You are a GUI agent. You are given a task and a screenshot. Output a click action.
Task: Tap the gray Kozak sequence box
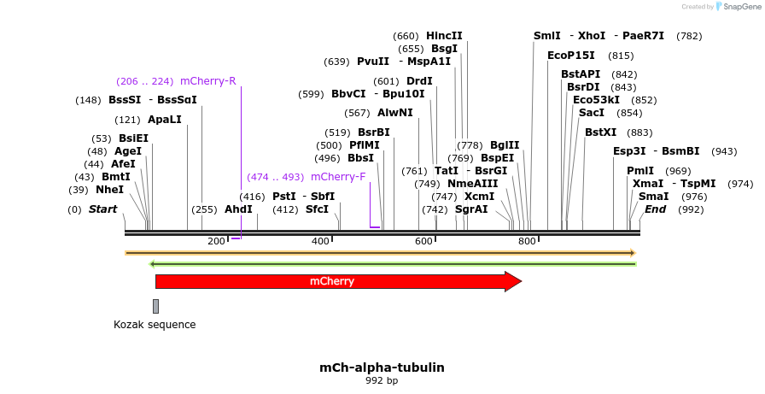coord(155,306)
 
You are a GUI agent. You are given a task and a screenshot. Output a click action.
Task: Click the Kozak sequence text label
coord(155,325)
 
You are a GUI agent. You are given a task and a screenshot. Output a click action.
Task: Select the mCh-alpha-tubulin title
coord(382,368)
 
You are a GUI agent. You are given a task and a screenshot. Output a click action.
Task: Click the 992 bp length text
coord(382,380)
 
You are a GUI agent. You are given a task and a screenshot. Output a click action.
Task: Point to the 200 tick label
coord(216,242)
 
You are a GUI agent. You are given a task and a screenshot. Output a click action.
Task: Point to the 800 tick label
coord(526,242)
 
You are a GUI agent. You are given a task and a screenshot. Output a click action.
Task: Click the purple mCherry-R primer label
coord(207,81)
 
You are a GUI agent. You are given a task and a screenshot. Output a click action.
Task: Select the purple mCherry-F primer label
coord(338,177)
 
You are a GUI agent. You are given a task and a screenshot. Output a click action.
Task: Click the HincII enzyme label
coord(444,36)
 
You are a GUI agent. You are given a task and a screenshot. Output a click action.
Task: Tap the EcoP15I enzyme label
coord(571,56)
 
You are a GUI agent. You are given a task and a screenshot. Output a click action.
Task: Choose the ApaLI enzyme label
coord(165,120)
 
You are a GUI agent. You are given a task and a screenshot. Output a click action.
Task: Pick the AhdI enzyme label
coord(239,209)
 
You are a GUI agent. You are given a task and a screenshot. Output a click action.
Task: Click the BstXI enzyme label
coord(600,132)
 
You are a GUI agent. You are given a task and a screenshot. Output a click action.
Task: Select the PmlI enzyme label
coord(640,171)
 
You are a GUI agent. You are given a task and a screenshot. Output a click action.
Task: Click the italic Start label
coord(102,209)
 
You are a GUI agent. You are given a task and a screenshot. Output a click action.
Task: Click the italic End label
coord(655,209)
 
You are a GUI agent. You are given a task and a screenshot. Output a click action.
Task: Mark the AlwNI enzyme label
coord(395,113)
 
